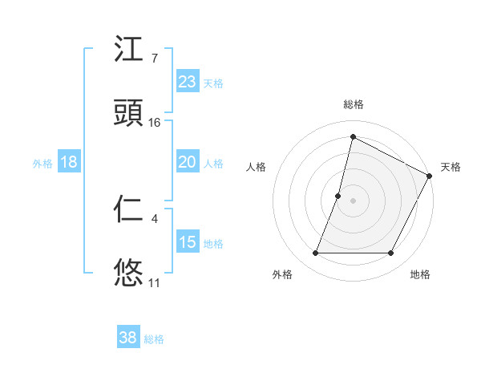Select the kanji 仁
(129, 209)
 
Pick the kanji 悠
(129, 272)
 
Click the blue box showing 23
(187, 82)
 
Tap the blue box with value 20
(187, 162)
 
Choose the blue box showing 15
(187, 242)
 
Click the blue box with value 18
(69, 162)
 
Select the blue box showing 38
(128, 338)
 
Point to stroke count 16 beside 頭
(155, 123)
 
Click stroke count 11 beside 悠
(154, 282)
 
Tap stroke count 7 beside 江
(154, 59)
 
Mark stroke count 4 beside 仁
(154, 218)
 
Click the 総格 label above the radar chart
(353, 104)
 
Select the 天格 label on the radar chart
(451, 167)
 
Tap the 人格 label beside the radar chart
(256, 167)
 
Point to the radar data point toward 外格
(315, 253)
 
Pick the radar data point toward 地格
(391, 253)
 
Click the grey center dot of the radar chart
(353, 201)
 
